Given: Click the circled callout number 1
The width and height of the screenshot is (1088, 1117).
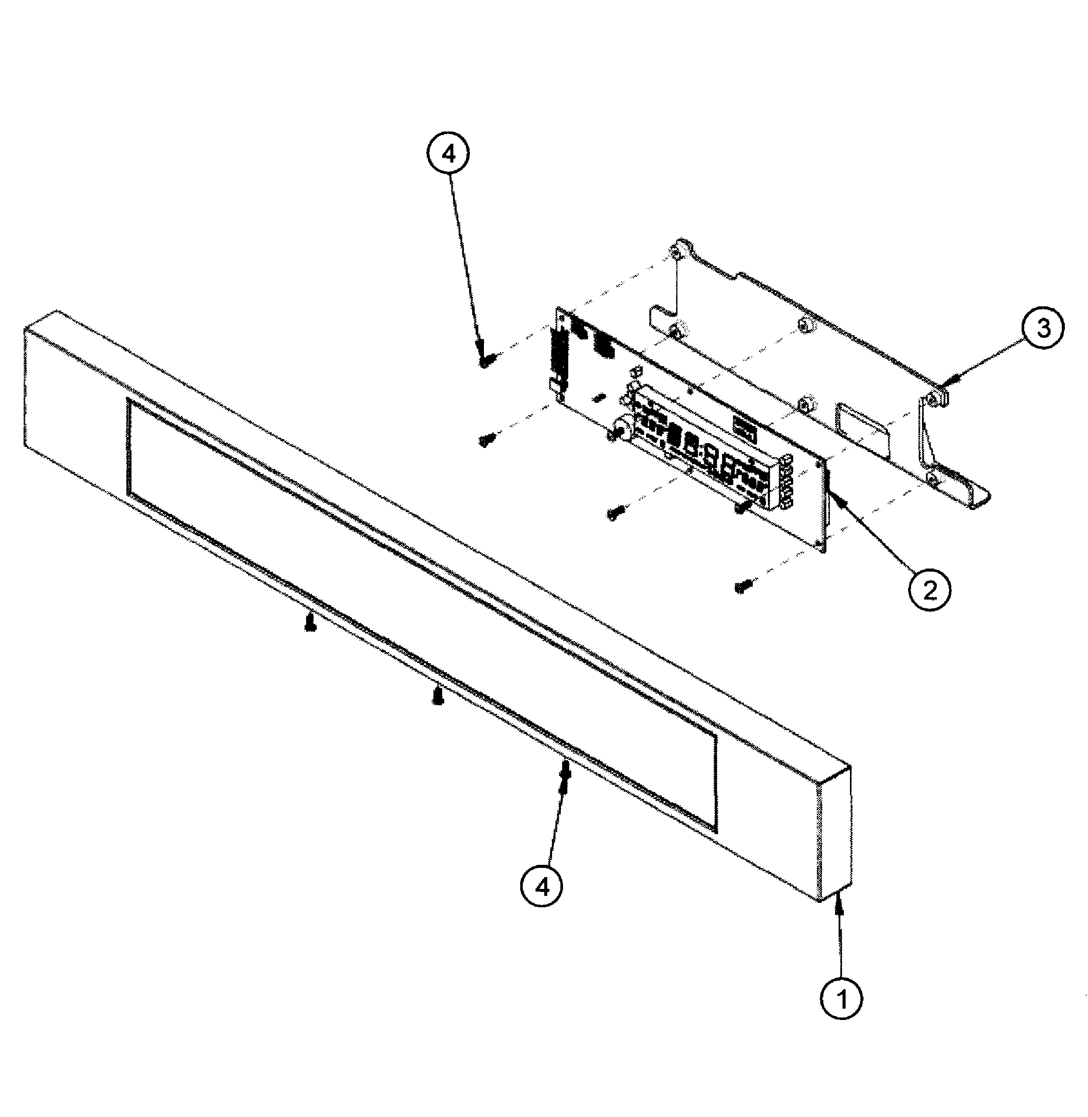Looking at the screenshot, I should click(x=841, y=998).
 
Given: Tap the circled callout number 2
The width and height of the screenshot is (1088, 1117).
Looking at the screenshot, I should click(x=930, y=590).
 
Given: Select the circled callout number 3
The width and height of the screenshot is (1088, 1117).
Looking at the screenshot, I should click(x=1043, y=329).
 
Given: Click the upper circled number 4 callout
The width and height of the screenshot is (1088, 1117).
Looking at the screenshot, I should click(x=448, y=154).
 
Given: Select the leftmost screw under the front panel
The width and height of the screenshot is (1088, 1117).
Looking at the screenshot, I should click(x=310, y=624).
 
